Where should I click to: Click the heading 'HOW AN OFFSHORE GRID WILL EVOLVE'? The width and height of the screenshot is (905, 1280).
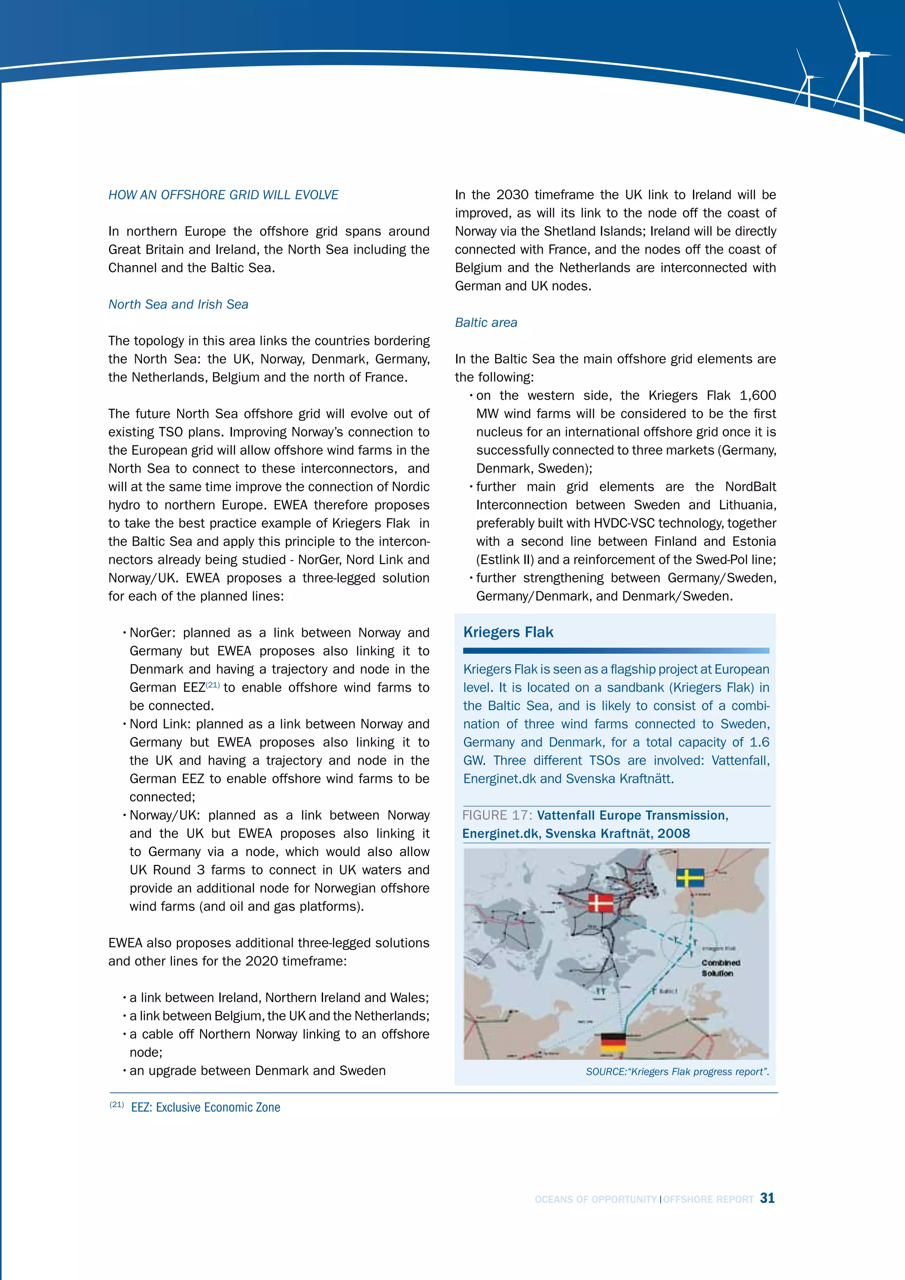223,195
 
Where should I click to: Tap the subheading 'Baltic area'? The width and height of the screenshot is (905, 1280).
486,323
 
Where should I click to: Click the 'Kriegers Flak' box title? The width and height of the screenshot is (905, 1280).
508,632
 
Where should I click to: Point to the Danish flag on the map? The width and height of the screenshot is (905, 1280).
601,903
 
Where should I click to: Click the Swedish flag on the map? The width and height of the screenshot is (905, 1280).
690,877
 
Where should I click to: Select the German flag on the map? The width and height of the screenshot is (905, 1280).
613,1043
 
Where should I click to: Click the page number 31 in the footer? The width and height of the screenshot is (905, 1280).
768,1198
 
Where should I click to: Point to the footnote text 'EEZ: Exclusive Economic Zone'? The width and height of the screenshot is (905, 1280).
205,1108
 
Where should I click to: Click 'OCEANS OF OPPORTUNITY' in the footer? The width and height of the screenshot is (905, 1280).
595,1200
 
